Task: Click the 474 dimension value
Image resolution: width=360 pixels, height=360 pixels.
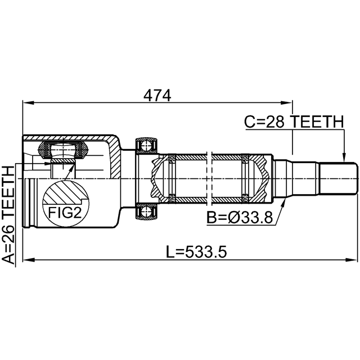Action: (x=157, y=95)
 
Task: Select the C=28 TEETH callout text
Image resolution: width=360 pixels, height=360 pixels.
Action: (x=294, y=121)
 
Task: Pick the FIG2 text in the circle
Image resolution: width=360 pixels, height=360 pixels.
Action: (x=65, y=213)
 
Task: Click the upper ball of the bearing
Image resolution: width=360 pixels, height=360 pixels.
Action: (x=146, y=146)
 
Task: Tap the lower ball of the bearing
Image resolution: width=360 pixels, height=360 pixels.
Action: (x=146, y=211)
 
